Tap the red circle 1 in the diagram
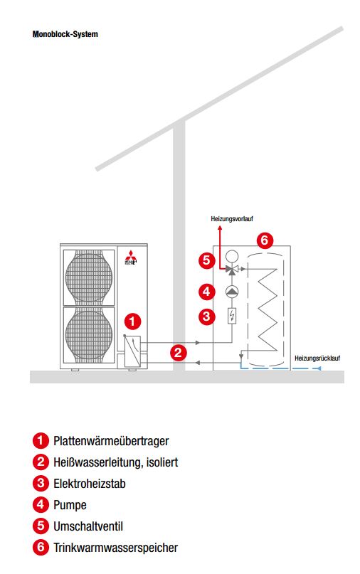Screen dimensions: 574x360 [x=133, y=321]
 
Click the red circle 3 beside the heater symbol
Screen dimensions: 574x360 [x=206, y=316]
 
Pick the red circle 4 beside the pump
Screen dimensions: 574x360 [x=206, y=291]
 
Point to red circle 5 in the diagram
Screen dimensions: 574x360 [x=206, y=260]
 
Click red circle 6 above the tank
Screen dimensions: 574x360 [x=264, y=240]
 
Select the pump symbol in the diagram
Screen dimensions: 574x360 [x=232, y=292]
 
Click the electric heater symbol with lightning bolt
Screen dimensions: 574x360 [x=232, y=316]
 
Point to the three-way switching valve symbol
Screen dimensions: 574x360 [x=232, y=270]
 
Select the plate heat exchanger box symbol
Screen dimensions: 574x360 [x=134, y=351]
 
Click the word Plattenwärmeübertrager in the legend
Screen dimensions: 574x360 [x=111, y=442]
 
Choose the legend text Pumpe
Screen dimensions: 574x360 [x=70, y=505]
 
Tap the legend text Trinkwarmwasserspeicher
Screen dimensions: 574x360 [x=115, y=548]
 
